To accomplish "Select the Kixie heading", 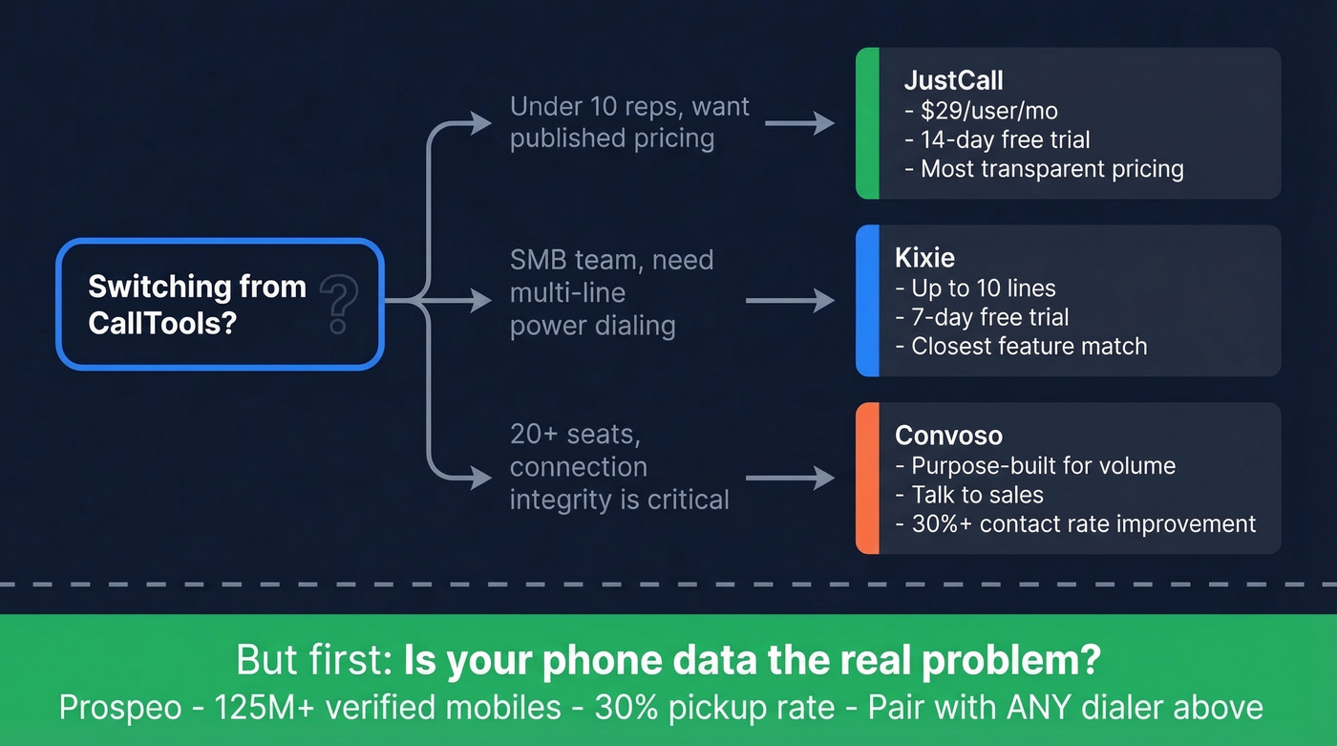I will click(924, 257).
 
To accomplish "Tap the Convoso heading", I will click(948, 436).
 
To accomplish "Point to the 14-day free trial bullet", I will click(997, 140).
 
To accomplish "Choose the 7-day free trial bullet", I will click(983, 317).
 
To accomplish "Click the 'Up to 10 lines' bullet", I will click(975, 288).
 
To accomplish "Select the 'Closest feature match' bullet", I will click(1021, 346).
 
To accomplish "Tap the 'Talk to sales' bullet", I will click(969, 495).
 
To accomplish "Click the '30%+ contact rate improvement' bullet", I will click(1075, 523).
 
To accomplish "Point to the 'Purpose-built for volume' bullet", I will click(1035, 466).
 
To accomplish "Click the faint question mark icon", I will click(338, 304).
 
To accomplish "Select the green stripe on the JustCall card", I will click(866, 123).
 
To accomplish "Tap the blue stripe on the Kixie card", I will click(866, 301).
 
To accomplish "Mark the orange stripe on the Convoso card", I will click(866, 479).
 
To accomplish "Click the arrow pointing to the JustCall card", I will click(799, 123).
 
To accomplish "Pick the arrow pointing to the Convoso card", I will click(790, 479).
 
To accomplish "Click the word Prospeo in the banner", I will click(120, 708).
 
